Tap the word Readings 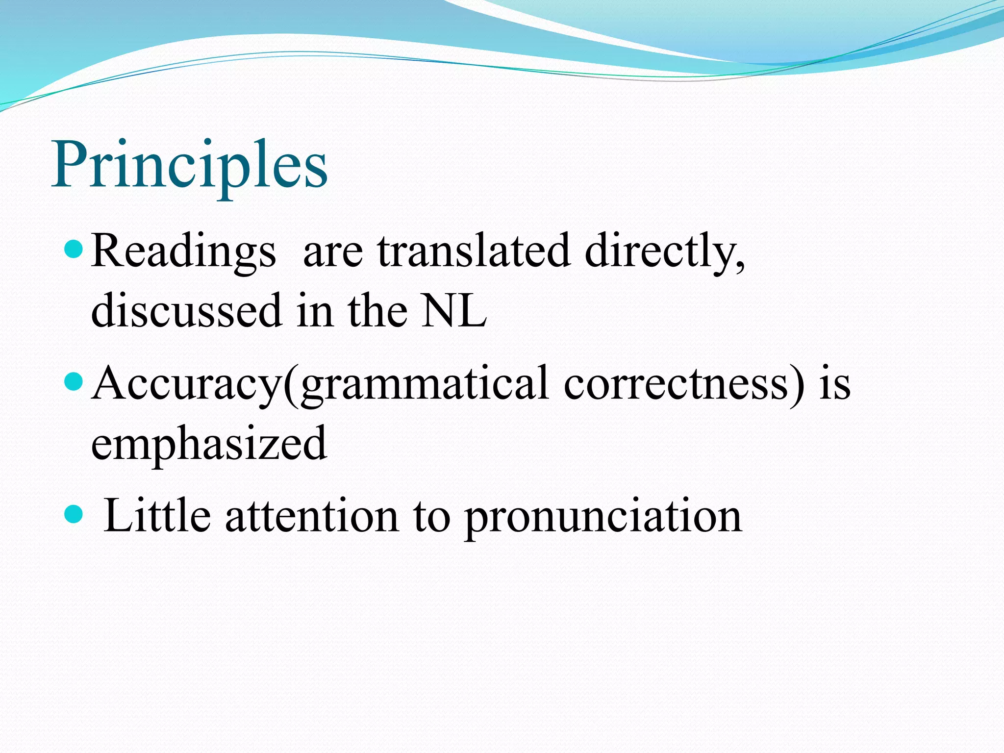(x=183, y=251)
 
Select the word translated (x=474, y=251)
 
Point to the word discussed (x=186, y=310)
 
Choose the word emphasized (x=209, y=443)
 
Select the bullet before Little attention (x=74, y=514)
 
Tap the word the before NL (x=377, y=310)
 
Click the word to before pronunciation (x=431, y=516)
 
